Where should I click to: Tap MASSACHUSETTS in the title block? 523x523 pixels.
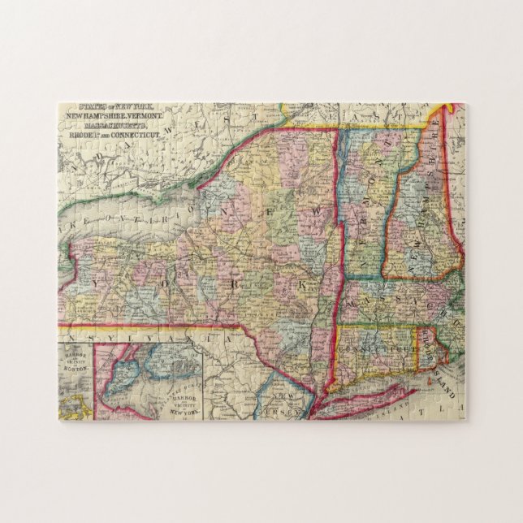tap(114, 123)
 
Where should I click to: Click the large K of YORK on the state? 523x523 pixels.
tap(304, 286)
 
